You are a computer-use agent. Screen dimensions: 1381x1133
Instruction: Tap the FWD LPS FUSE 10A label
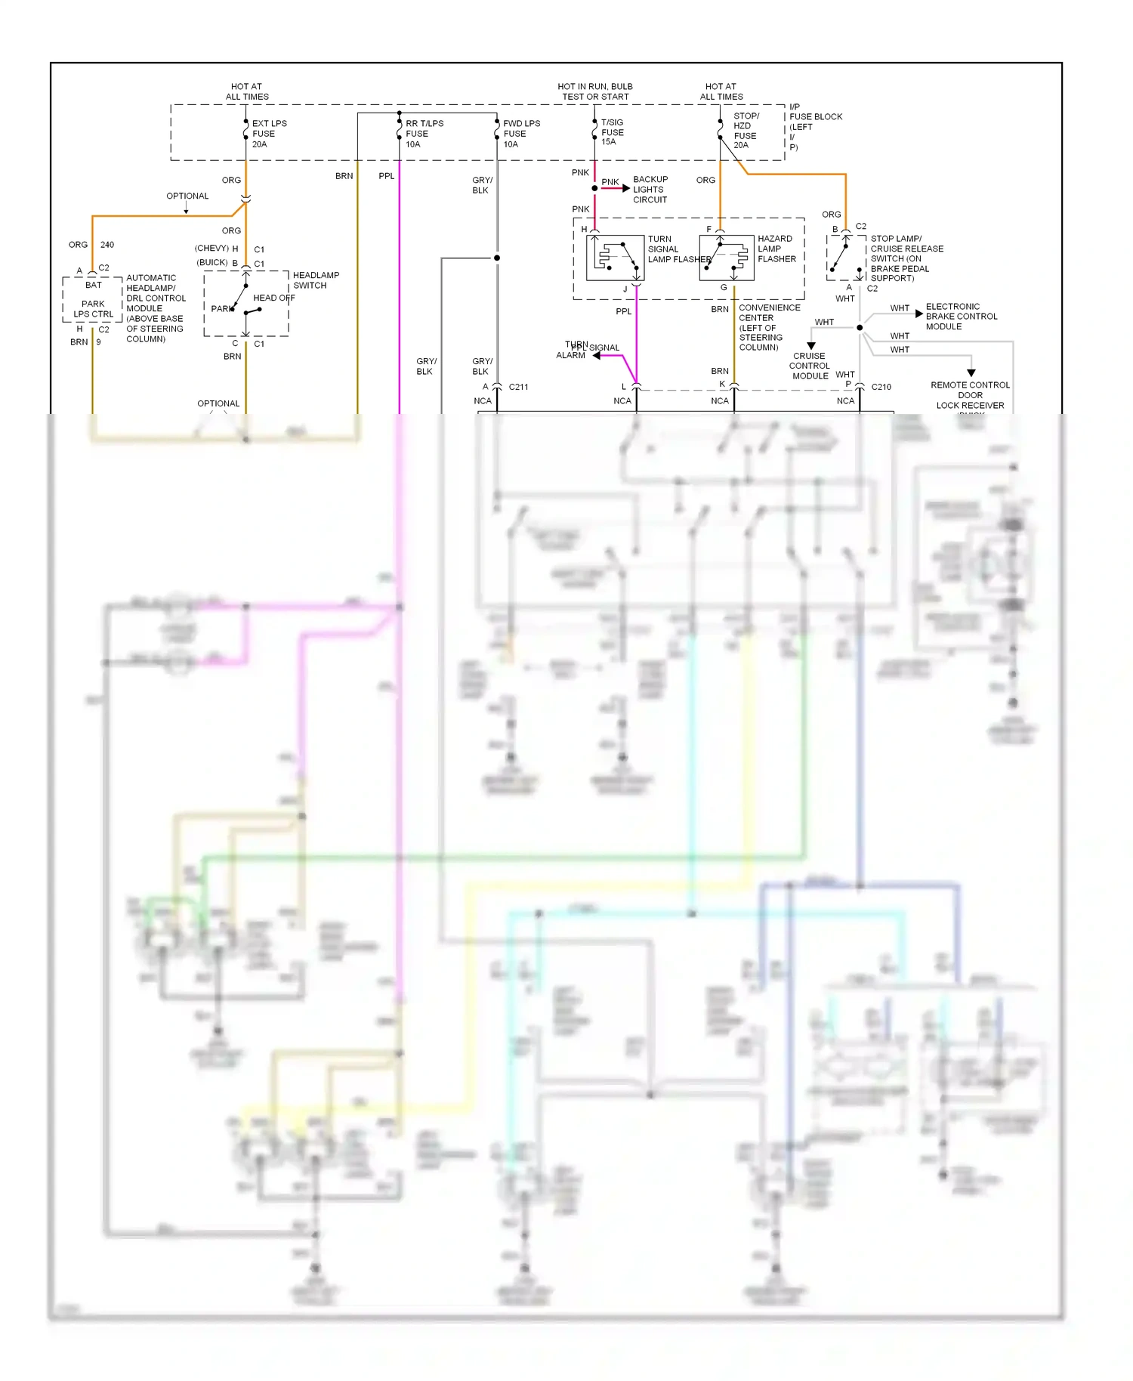[x=520, y=134]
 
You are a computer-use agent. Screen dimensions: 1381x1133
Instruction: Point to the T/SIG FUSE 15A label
[x=611, y=132]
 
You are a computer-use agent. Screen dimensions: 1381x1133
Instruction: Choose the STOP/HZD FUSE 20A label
[x=746, y=131]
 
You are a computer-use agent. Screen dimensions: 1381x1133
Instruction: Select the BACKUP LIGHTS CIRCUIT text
[x=650, y=190]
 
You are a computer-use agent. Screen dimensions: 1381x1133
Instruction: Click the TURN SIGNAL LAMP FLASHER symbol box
[x=615, y=258]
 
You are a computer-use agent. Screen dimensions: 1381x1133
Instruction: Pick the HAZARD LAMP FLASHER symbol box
[x=727, y=258]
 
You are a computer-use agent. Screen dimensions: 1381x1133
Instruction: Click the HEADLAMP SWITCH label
[x=315, y=280]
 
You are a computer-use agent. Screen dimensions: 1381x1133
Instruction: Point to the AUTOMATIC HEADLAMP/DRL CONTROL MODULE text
[x=155, y=308]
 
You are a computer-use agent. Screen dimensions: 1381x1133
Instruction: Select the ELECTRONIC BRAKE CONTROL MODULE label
[x=961, y=317]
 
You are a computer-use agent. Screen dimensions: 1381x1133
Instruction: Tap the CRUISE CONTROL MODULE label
[x=809, y=366]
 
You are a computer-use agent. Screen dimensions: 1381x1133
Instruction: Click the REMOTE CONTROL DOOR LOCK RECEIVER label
[x=970, y=396]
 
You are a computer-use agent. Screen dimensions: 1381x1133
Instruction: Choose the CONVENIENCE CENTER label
[x=768, y=327]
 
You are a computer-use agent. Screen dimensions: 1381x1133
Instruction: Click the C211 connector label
[x=518, y=387]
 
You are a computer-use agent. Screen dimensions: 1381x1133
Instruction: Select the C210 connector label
[x=881, y=387]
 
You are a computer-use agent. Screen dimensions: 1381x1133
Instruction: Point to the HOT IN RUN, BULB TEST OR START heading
[x=595, y=91]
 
